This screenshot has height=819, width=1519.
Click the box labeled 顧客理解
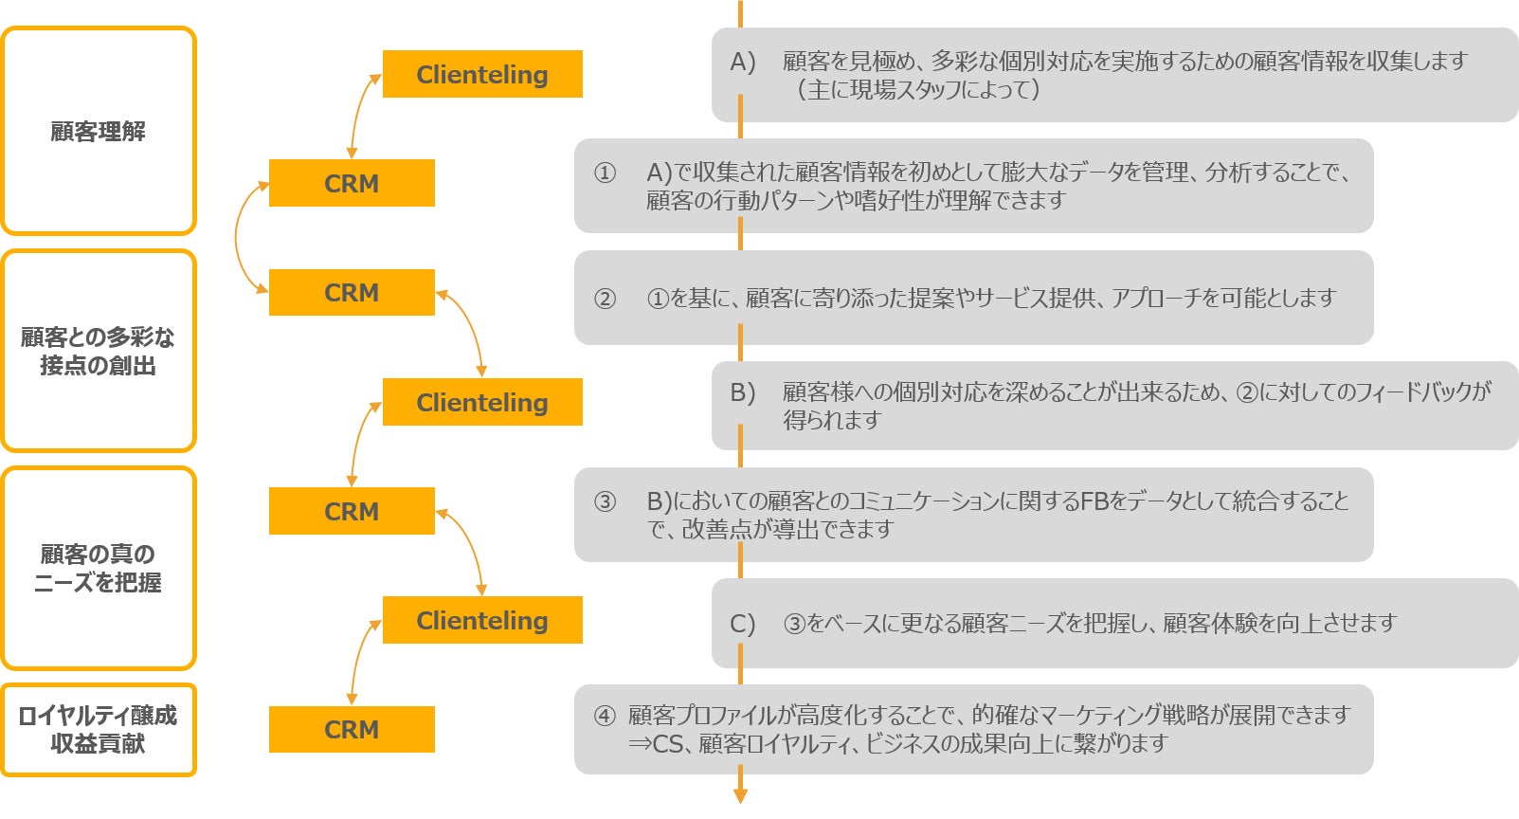pos(99,131)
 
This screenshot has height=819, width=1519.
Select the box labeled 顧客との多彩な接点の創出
pos(99,351)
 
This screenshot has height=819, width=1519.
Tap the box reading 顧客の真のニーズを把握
pos(99,567)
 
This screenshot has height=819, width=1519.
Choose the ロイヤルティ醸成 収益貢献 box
pos(99,729)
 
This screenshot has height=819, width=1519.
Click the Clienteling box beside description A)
pos(482,74)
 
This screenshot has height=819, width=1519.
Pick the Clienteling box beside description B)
pos(482,402)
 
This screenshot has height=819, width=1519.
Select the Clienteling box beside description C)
pos(482,620)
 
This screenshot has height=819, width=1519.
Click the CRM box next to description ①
pos(352,183)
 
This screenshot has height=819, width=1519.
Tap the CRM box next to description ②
pos(352,292)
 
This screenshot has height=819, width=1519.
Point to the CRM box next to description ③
pos(352,511)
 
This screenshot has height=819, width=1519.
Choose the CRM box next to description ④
pos(352,729)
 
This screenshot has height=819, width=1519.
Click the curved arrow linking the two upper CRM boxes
pos(237,237)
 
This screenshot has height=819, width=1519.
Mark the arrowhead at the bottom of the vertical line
pos(741,795)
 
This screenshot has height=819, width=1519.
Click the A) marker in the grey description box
pos(743,63)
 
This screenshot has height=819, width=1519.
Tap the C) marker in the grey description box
pos(743,624)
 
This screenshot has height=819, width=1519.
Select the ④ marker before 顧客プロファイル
pos(605,716)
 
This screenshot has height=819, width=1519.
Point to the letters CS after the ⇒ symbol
pos(668,744)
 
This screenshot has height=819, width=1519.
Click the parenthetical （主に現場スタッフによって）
pos(917,90)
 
